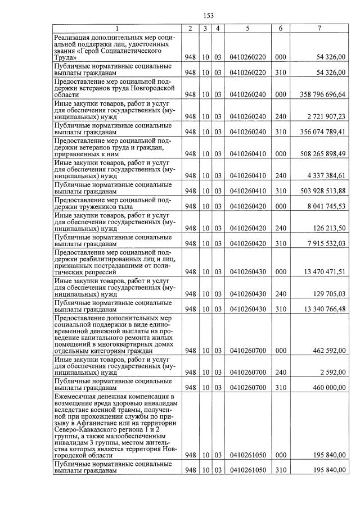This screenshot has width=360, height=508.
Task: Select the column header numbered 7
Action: click(x=319, y=28)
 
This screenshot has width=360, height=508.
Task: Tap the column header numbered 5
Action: click(x=247, y=28)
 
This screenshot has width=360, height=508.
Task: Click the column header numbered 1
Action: click(x=117, y=28)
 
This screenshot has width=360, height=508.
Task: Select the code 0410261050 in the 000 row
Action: click(x=247, y=455)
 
